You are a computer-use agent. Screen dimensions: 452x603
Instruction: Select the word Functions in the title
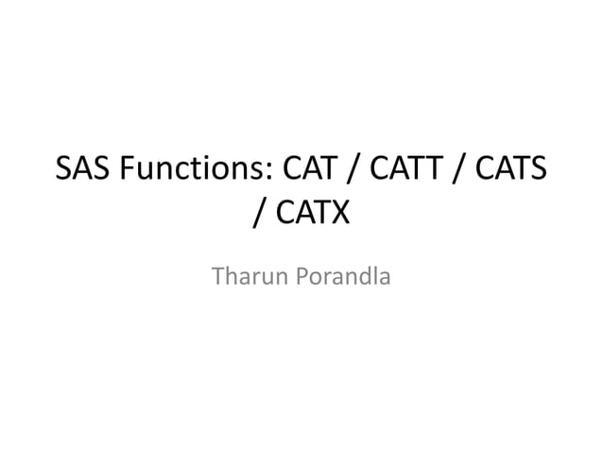click(188, 172)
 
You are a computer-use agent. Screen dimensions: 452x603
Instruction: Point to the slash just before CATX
click(259, 215)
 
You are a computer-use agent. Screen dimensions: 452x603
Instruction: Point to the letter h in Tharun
click(231, 277)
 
